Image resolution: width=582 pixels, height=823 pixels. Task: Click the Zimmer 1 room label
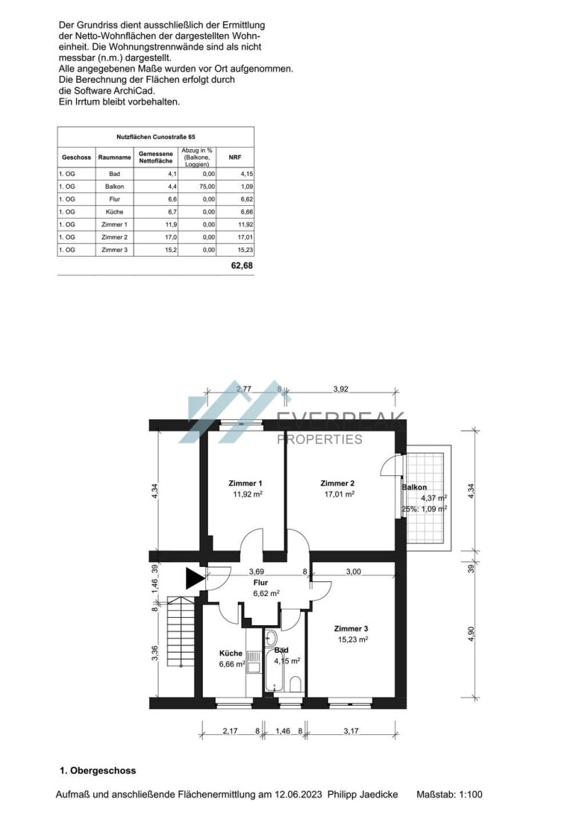coord(245,484)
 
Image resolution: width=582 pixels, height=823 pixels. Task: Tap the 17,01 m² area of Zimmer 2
coord(339,494)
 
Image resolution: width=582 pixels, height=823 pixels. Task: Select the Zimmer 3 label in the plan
coord(351,628)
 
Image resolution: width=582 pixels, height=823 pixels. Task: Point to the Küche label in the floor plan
coord(231,654)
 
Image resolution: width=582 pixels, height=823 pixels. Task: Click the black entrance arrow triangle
coord(195,578)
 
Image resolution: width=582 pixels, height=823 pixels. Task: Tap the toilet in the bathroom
coord(295,684)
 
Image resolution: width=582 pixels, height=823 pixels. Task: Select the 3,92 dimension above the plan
coord(340,389)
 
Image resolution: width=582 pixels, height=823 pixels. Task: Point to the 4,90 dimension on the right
coord(471,634)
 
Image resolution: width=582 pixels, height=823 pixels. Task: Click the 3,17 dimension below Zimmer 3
coord(351,730)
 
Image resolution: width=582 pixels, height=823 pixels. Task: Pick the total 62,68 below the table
coord(242,266)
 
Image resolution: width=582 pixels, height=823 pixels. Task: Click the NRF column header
coord(234,157)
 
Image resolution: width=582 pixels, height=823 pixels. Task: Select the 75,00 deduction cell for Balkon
coord(208,187)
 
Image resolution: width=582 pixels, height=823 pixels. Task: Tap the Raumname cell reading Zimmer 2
coord(114,237)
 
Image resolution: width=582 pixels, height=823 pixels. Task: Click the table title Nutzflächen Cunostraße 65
coord(156,137)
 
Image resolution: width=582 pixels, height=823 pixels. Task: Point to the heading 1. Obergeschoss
coord(98,771)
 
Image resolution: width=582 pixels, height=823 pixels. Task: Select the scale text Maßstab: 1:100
coord(449,795)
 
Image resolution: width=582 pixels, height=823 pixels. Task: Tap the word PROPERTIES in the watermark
coord(319,439)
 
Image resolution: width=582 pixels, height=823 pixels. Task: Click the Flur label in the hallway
coord(260,583)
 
